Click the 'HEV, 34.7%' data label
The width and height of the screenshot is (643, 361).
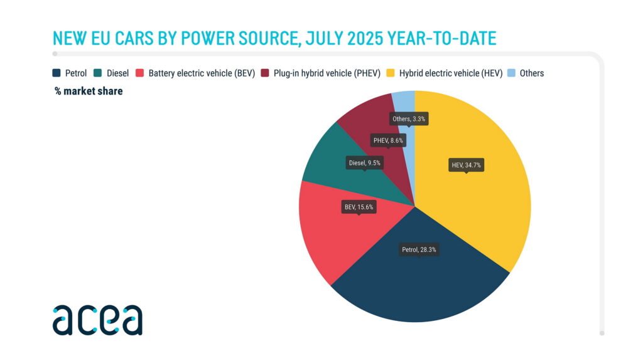pyautogui.click(x=466, y=165)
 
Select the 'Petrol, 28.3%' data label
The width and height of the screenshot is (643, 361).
pyautogui.click(x=419, y=249)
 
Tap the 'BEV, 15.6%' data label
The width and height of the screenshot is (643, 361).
pyautogui.click(x=359, y=207)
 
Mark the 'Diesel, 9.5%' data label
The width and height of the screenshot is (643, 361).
pyautogui.click(x=365, y=162)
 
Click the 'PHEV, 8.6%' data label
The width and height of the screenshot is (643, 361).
pyautogui.click(x=388, y=140)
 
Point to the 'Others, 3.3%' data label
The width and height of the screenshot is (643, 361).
pyautogui.click(x=409, y=118)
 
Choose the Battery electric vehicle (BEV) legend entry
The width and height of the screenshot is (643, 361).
pyautogui.click(x=201, y=73)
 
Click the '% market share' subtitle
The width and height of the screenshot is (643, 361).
pyautogui.click(x=89, y=92)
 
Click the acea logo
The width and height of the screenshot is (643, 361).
pyautogui.click(x=97, y=320)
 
